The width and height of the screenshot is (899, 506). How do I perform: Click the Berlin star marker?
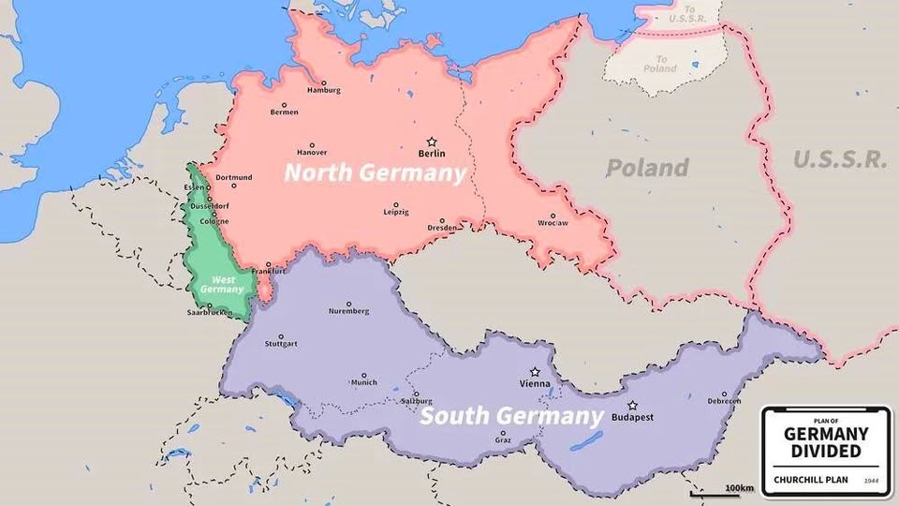[x=432, y=141]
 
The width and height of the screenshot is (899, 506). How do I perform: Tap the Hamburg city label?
[x=324, y=90]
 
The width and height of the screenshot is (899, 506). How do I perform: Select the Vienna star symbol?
[x=535, y=372]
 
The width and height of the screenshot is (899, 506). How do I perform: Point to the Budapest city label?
[x=632, y=417]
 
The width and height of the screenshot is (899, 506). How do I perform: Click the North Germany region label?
[x=375, y=173]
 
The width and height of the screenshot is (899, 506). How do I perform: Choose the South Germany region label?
[x=510, y=415]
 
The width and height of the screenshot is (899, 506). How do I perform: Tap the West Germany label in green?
[x=222, y=284]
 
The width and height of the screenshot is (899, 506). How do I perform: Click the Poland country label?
[x=647, y=168]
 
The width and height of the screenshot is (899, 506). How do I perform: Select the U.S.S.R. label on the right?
[x=840, y=159]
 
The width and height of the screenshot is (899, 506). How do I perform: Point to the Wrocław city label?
[x=553, y=223]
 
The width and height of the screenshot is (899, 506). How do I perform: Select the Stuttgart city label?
[x=281, y=344]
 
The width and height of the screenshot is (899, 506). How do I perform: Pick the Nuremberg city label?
[x=349, y=311]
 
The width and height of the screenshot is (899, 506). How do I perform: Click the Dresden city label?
[x=442, y=228]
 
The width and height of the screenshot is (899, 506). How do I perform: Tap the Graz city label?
[x=503, y=439]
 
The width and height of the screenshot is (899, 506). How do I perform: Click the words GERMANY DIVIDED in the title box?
[x=825, y=443]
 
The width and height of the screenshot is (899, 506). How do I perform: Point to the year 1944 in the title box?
[x=871, y=481]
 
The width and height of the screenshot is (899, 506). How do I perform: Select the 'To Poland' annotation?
[x=660, y=64]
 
